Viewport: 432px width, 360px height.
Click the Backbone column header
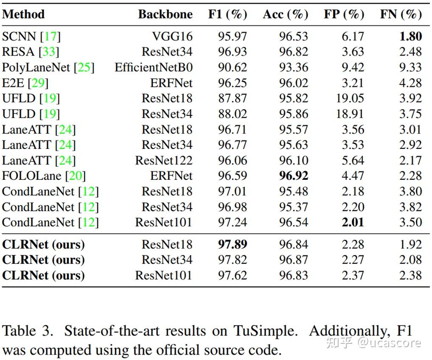(165, 14)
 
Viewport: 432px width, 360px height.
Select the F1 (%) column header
(227, 14)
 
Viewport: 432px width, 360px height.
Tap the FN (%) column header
(401, 14)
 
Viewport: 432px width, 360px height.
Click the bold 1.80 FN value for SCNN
(410, 36)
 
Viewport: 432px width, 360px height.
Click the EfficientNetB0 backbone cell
(154, 67)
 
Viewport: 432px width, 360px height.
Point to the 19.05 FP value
(350, 98)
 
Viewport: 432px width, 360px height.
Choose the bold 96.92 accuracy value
(294, 176)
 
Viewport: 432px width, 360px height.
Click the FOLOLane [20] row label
(44, 176)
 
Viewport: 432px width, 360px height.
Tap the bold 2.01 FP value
(353, 222)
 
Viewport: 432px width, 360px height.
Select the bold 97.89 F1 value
(233, 245)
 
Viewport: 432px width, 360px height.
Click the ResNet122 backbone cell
(164, 160)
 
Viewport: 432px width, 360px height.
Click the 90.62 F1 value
(233, 67)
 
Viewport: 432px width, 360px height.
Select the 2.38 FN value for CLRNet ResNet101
(410, 275)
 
